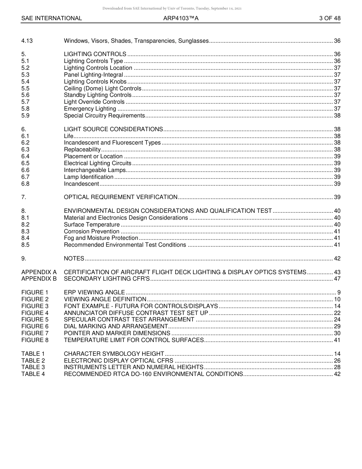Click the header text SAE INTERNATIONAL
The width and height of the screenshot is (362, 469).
tap(51, 18)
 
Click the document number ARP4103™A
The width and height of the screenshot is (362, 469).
tap(181, 18)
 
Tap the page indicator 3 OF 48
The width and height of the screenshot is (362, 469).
tap(330, 18)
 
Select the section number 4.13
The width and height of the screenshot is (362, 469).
tap(27, 41)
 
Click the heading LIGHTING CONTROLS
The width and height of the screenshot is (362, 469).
tap(95, 54)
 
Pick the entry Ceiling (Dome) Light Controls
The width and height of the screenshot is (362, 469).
tap(103, 88)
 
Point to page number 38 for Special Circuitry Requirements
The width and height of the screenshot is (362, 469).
tap(337, 116)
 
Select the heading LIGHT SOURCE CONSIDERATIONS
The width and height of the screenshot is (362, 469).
tap(113, 129)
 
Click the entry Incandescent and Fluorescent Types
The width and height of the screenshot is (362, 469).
tap(112, 143)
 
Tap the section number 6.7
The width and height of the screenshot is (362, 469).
tap(25, 177)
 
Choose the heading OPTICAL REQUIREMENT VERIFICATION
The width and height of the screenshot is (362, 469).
tap(120, 197)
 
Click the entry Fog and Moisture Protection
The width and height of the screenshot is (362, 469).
tap(101, 238)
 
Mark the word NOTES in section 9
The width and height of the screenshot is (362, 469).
tap(74, 259)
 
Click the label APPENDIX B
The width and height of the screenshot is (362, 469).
tap(39, 279)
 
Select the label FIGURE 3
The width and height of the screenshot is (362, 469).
tap(35, 306)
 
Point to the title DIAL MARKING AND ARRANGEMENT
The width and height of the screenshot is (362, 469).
tap(116, 326)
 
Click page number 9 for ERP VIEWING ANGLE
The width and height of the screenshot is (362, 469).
tap(338, 292)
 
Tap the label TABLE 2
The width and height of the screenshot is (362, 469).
tap(33, 360)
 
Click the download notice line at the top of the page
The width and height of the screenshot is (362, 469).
tap(172, 8)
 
